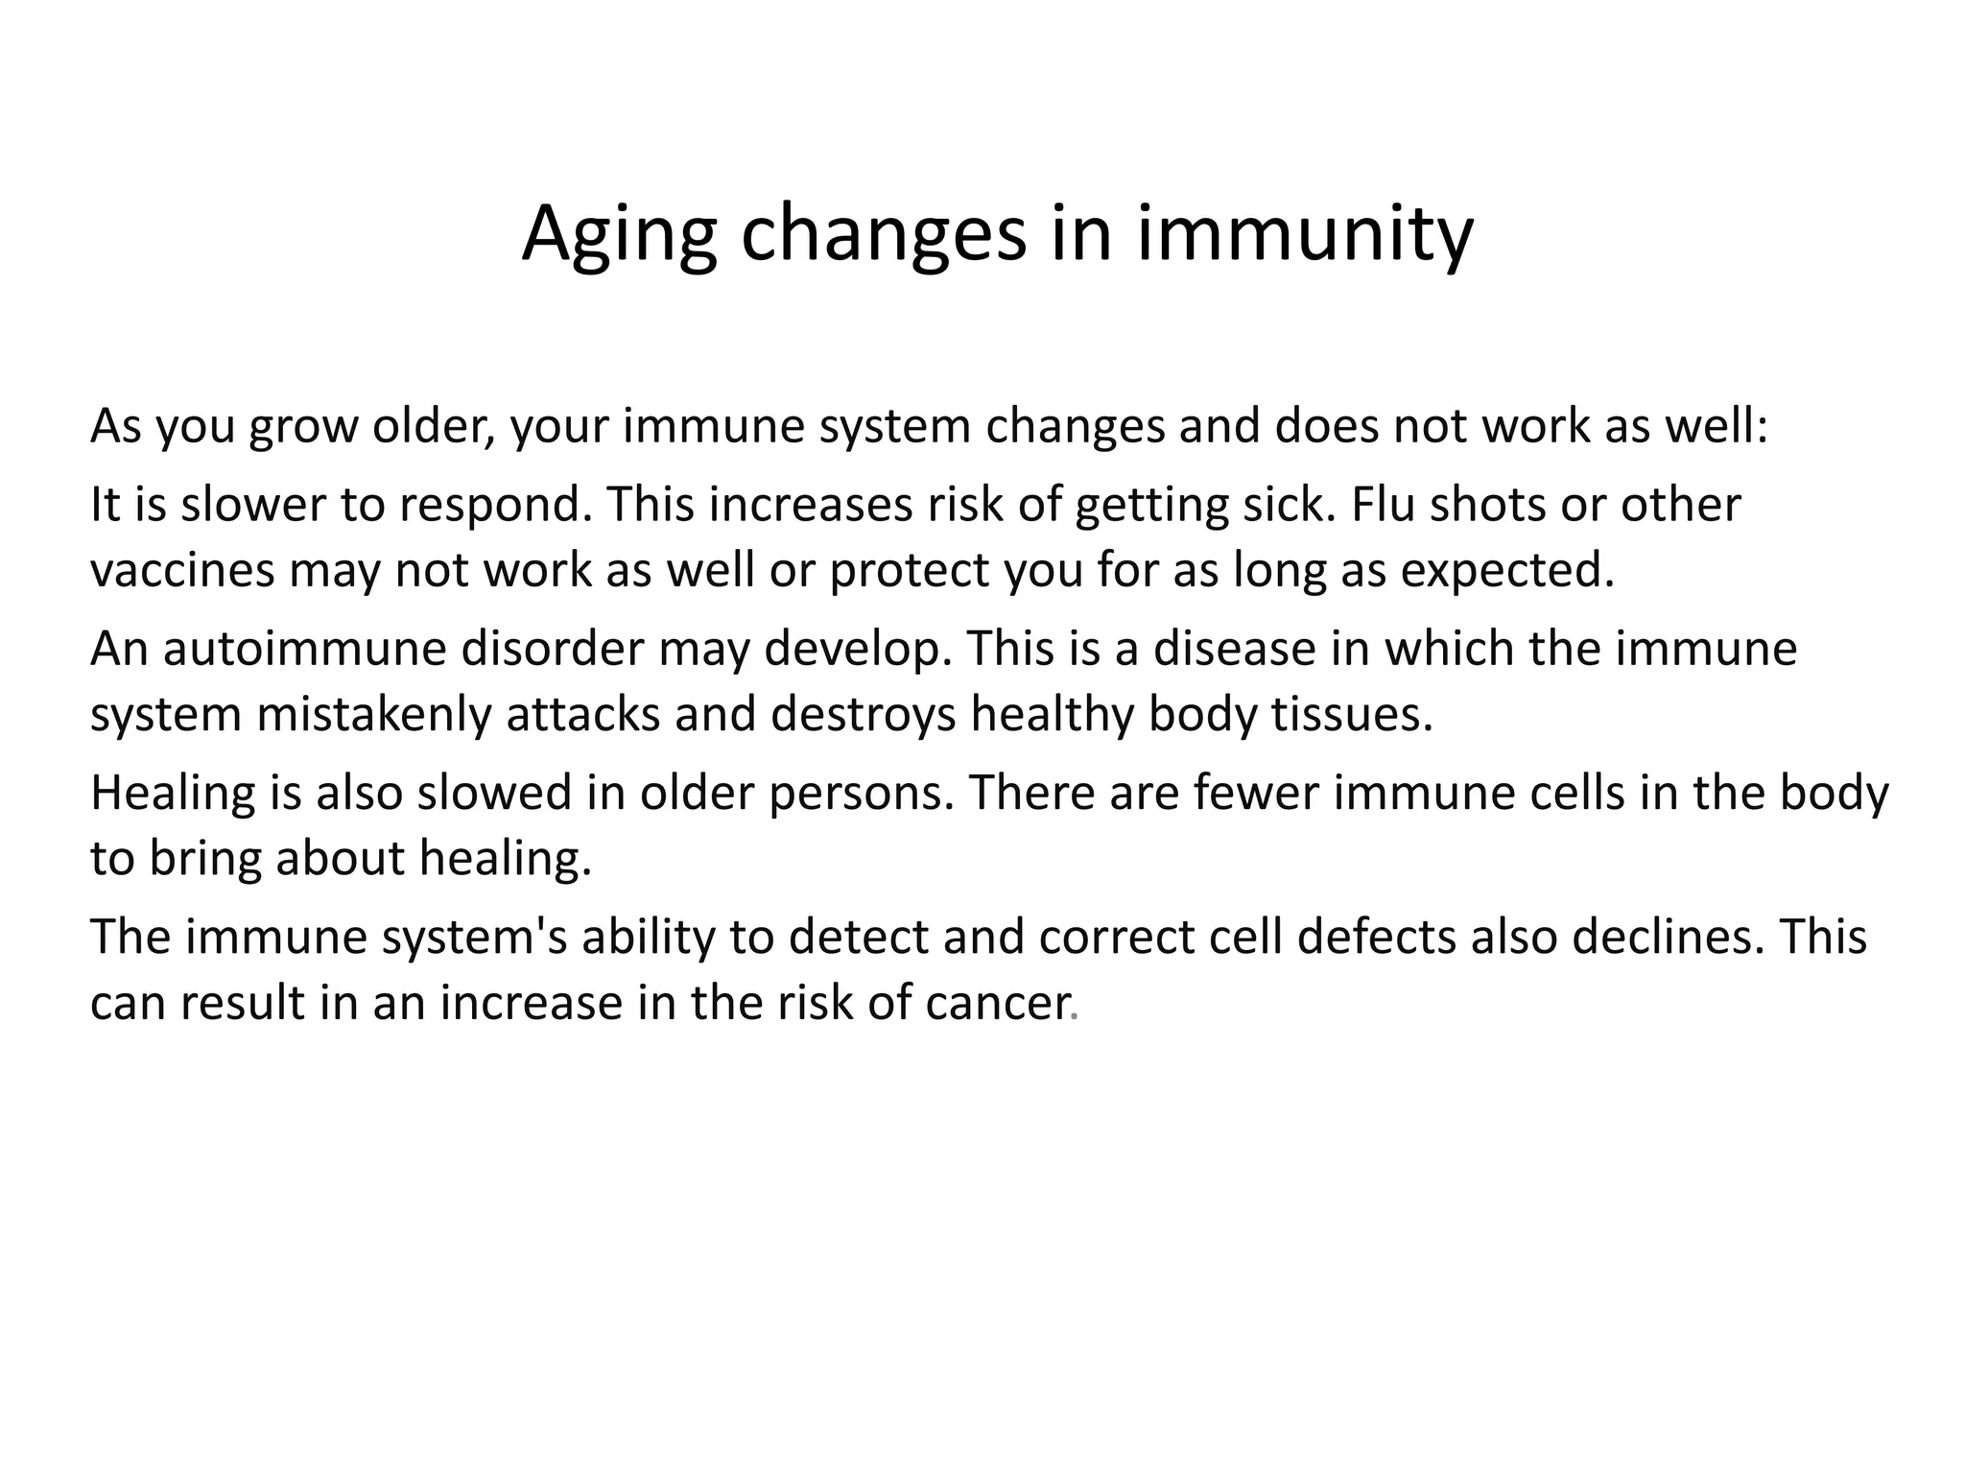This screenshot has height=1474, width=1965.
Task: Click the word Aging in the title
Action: (x=619, y=235)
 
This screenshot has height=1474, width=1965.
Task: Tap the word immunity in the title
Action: (x=1305, y=235)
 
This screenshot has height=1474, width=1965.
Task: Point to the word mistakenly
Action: (x=373, y=715)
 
